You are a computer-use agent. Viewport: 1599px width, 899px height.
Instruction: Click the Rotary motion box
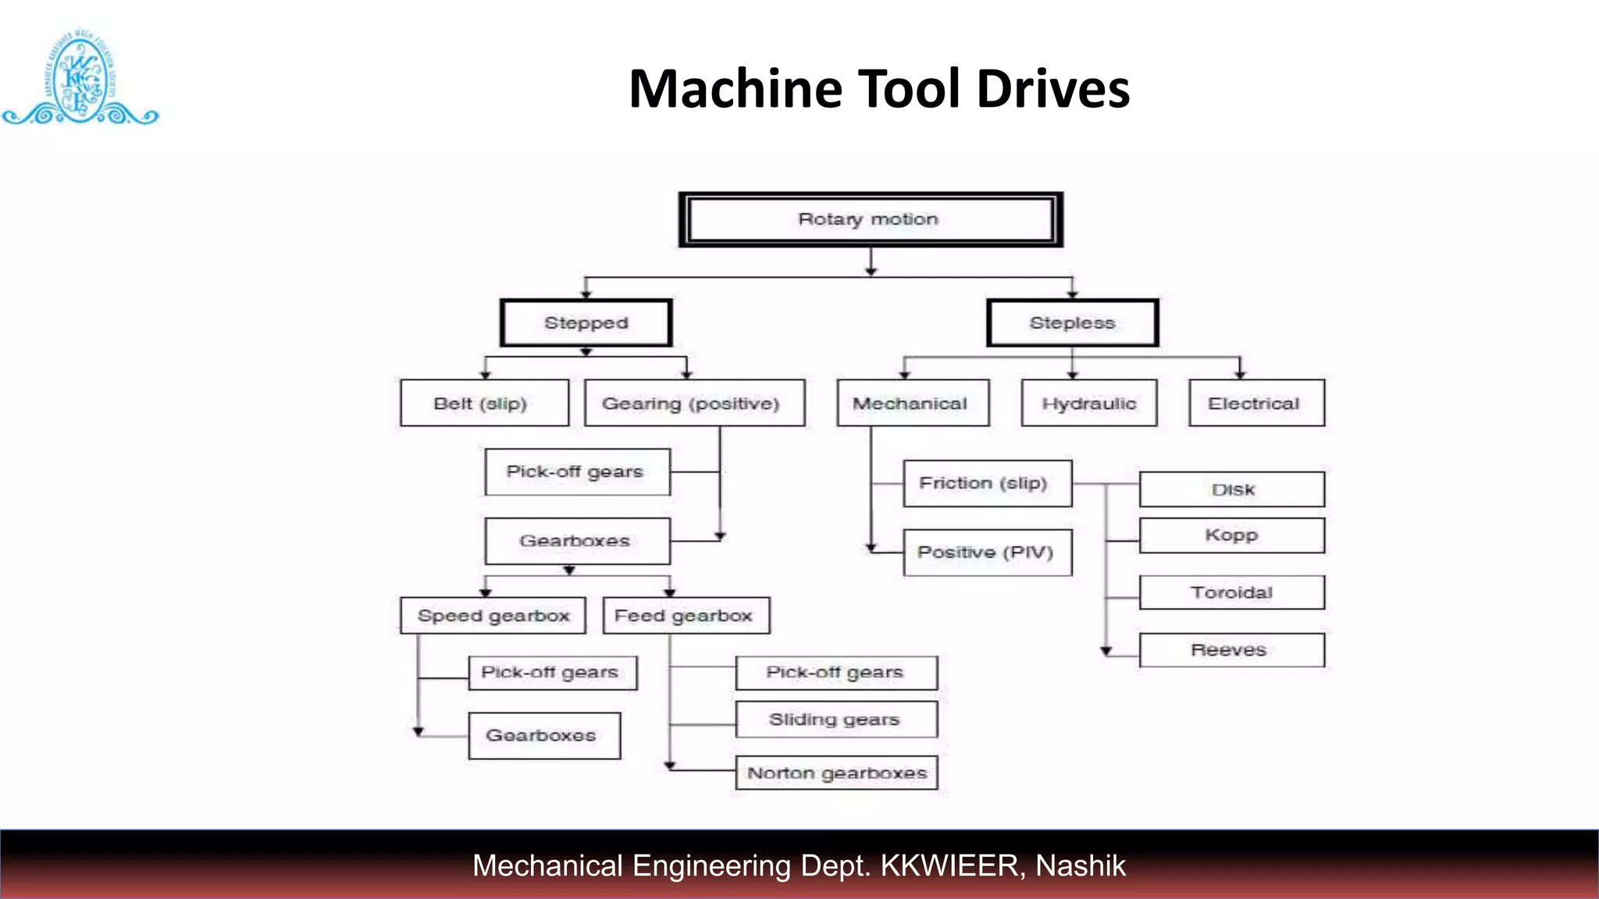[870, 219]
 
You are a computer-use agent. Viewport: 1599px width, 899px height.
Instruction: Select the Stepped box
[586, 323]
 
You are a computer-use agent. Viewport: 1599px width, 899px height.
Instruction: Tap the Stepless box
[1072, 323]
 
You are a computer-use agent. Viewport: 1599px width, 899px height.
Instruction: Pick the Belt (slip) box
[484, 403]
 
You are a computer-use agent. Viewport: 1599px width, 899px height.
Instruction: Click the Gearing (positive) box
[694, 403]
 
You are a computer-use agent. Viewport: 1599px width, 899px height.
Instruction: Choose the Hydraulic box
[1088, 403]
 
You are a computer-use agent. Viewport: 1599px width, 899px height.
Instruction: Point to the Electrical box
[1256, 403]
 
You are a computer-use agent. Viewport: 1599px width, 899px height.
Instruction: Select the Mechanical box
[912, 403]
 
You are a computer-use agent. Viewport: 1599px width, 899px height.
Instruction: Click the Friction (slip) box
[987, 484]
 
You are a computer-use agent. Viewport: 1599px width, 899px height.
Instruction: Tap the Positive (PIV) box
[987, 553]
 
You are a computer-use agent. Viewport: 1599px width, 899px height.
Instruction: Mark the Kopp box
[1231, 535]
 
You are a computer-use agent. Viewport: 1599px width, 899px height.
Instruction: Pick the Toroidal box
[1231, 592]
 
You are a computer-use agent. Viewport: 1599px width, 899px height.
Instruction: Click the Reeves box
[1231, 650]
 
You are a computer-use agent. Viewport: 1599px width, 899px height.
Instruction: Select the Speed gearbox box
[493, 616]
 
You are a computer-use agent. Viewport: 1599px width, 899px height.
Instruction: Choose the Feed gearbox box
[686, 616]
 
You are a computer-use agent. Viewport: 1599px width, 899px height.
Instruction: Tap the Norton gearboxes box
[836, 773]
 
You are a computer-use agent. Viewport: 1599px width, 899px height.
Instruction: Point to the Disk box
[1231, 489]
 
